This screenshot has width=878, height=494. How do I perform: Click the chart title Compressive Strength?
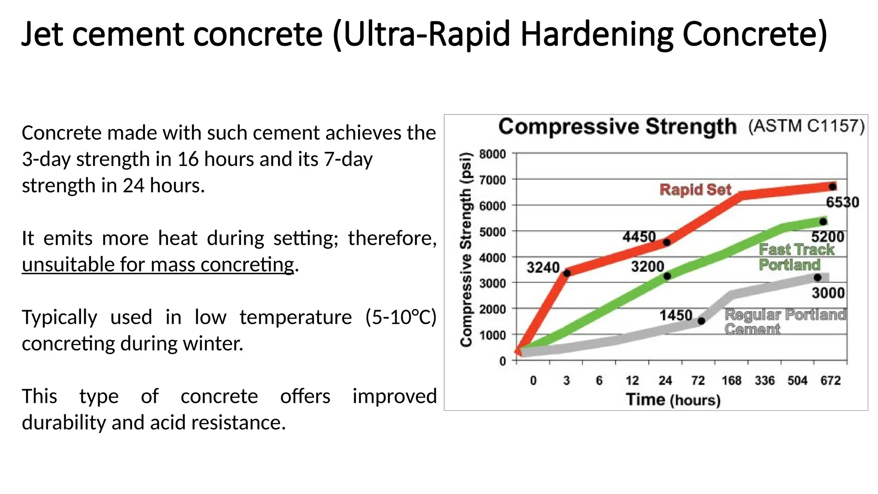617,127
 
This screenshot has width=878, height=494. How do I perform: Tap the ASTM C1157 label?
806,126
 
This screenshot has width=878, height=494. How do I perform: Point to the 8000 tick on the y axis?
492,154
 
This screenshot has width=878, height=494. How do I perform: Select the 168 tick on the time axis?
731,380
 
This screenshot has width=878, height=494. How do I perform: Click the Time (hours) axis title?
673,400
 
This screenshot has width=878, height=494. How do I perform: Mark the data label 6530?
842,202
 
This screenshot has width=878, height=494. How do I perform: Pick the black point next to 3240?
567,273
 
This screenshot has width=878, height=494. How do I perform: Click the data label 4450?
639,237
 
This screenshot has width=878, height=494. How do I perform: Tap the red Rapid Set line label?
695,190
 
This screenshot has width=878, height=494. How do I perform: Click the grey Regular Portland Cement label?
785,322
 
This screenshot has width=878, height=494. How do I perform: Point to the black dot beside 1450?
701,321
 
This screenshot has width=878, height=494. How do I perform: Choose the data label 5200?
827,237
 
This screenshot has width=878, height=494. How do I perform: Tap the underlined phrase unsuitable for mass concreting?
158,265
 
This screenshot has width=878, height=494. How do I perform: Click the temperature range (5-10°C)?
400,317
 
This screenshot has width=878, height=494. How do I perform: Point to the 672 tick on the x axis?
830,380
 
